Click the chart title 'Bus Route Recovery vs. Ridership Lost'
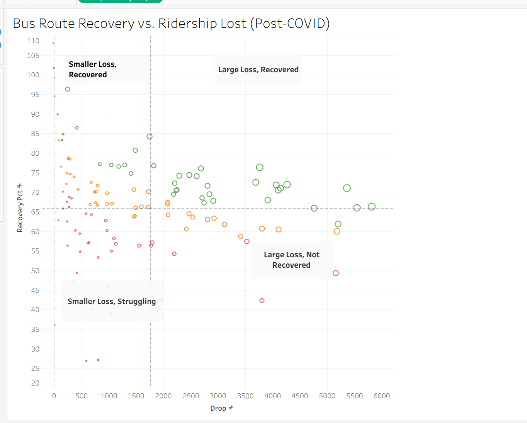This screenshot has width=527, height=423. click(171, 24)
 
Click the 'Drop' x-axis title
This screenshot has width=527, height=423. click(218, 408)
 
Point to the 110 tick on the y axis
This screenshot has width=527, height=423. click(33, 41)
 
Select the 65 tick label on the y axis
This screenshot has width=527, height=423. click(35, 212)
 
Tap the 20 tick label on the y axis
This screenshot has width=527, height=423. click(35, 383)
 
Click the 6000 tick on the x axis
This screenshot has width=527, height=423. click(381, 396)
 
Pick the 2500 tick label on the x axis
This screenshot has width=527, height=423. click(191, 396)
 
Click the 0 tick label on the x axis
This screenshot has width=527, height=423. click(54, 396)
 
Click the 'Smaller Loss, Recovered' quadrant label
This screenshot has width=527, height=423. click(93, 70)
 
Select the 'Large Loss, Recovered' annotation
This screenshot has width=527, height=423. click(258, 70)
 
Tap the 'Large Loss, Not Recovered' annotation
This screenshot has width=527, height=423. click(292, 260)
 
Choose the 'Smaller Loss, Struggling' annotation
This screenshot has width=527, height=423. click(112, 302)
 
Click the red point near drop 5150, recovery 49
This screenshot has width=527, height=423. click(336, 273)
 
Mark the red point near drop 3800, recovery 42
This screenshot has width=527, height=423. click(262, 301)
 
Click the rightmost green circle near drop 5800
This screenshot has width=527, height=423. click(372, 207)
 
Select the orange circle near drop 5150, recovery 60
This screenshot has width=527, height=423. click(337, 231)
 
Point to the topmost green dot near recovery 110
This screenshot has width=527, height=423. click(53, 43)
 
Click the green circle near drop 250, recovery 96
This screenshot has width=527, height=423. click(68, 89)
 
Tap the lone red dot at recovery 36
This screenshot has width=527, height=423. click(54, 325)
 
